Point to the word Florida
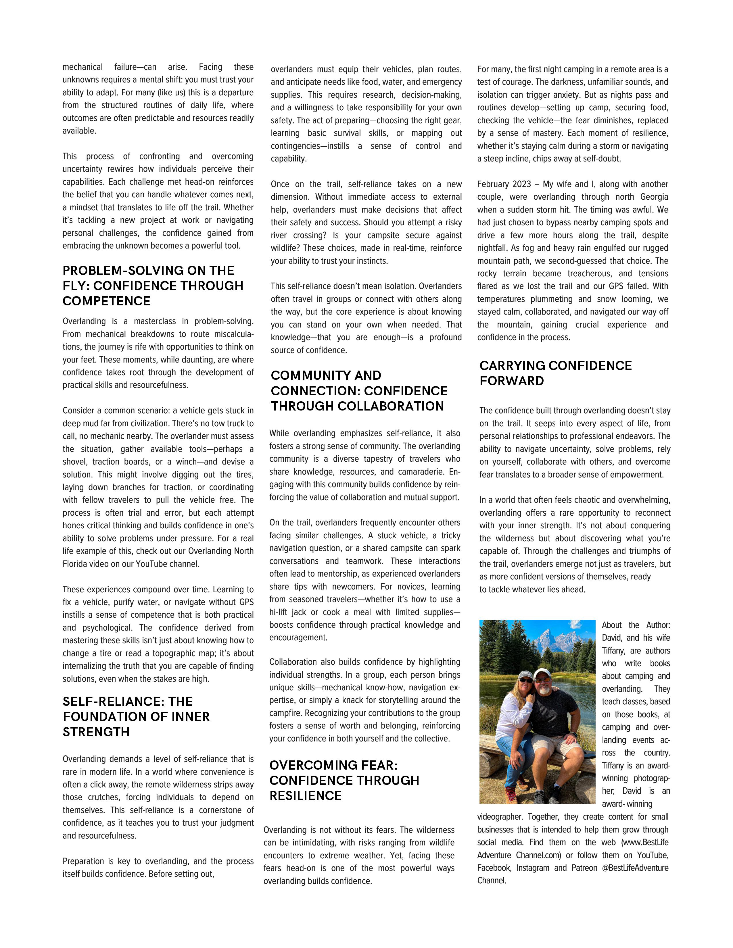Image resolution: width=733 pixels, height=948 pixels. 76,564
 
